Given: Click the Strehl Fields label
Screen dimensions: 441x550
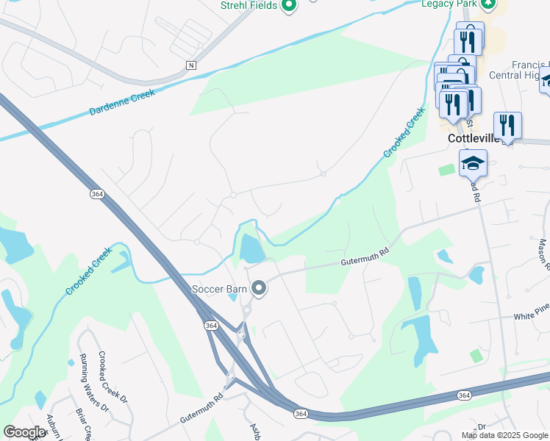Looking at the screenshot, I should [x=249, y=6].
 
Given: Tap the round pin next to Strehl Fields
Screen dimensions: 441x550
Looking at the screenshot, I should [x=289, y=6].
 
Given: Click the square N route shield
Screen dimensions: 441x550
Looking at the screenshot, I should [x=191, y=65].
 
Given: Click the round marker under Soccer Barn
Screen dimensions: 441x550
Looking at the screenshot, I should [x=258, y=289].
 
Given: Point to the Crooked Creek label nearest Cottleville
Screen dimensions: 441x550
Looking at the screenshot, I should [x=404, y=133].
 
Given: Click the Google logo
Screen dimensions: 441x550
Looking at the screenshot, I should [x=25, y=432].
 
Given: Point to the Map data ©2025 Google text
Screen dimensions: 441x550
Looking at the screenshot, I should [x=504, y=435].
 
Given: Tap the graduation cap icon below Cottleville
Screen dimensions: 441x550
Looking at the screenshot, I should [x=473, y=163].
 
